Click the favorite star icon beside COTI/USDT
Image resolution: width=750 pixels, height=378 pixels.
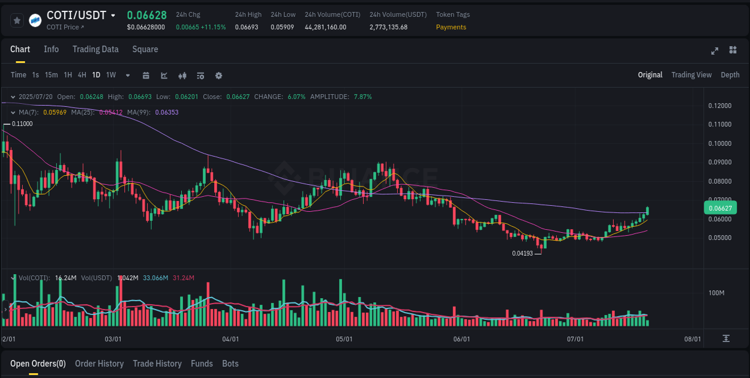(17, 20)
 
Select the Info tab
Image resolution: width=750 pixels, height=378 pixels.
(51, 49)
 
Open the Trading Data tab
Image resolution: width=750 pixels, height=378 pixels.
(95, 49)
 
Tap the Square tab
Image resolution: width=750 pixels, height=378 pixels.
(145, 49)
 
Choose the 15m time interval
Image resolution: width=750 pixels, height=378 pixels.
(52, 75)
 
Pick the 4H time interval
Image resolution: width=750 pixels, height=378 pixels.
(82, 75)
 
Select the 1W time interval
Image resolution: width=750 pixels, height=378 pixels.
(111, 75)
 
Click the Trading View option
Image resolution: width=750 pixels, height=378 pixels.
(691, 75)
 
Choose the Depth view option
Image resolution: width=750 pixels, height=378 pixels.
(730, 75)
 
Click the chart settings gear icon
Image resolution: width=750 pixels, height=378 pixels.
(218, 76)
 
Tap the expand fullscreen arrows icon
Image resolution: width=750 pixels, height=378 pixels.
(715, 50)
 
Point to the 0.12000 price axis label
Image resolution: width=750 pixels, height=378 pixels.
(719, 106)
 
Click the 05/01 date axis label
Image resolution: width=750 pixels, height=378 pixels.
(344, 339)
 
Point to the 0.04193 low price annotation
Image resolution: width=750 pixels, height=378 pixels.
(522, 253)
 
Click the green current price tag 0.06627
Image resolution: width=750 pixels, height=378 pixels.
(719, 208)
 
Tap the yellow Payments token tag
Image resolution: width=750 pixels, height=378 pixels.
(451, 27)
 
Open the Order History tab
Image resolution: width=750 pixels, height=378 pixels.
(99, 364)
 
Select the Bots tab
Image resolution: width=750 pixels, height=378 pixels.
(230, 364)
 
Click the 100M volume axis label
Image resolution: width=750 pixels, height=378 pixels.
(716, 293)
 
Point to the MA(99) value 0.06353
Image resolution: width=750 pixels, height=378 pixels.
(166, 112)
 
